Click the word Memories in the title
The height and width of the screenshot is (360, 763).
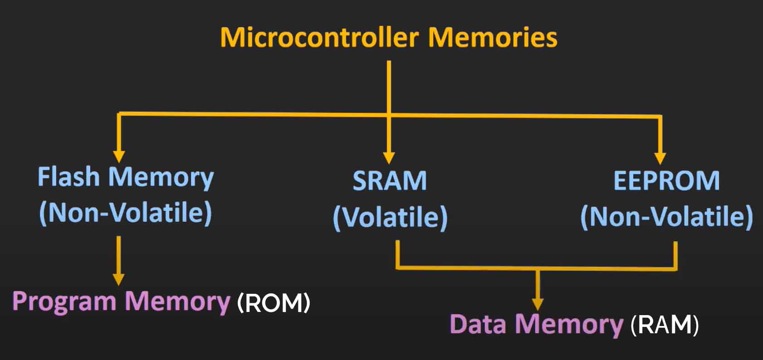(x=493, y=37)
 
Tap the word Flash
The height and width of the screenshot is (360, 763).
(x=68, y=176)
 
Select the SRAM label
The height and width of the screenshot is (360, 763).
(x=390, y=180)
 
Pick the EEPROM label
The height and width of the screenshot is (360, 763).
(x=666, y=180)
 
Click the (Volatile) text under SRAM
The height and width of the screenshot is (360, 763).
(x=390, y=217)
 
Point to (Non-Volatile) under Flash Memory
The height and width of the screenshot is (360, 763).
(x=126, y=212)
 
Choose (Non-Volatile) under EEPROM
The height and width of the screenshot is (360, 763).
(x=667, y=216)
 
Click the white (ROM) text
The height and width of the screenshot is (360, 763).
(x=274, y=302)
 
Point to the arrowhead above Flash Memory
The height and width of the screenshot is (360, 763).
(x=119, y=156)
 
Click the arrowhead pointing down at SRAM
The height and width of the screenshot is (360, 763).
(x=389, y=157)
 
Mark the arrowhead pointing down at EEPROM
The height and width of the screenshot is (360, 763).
(x=660, y=157)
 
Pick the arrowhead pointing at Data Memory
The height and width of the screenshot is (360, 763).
(x=538, y=304)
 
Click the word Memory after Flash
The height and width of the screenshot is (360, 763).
(x=161, y=177)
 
